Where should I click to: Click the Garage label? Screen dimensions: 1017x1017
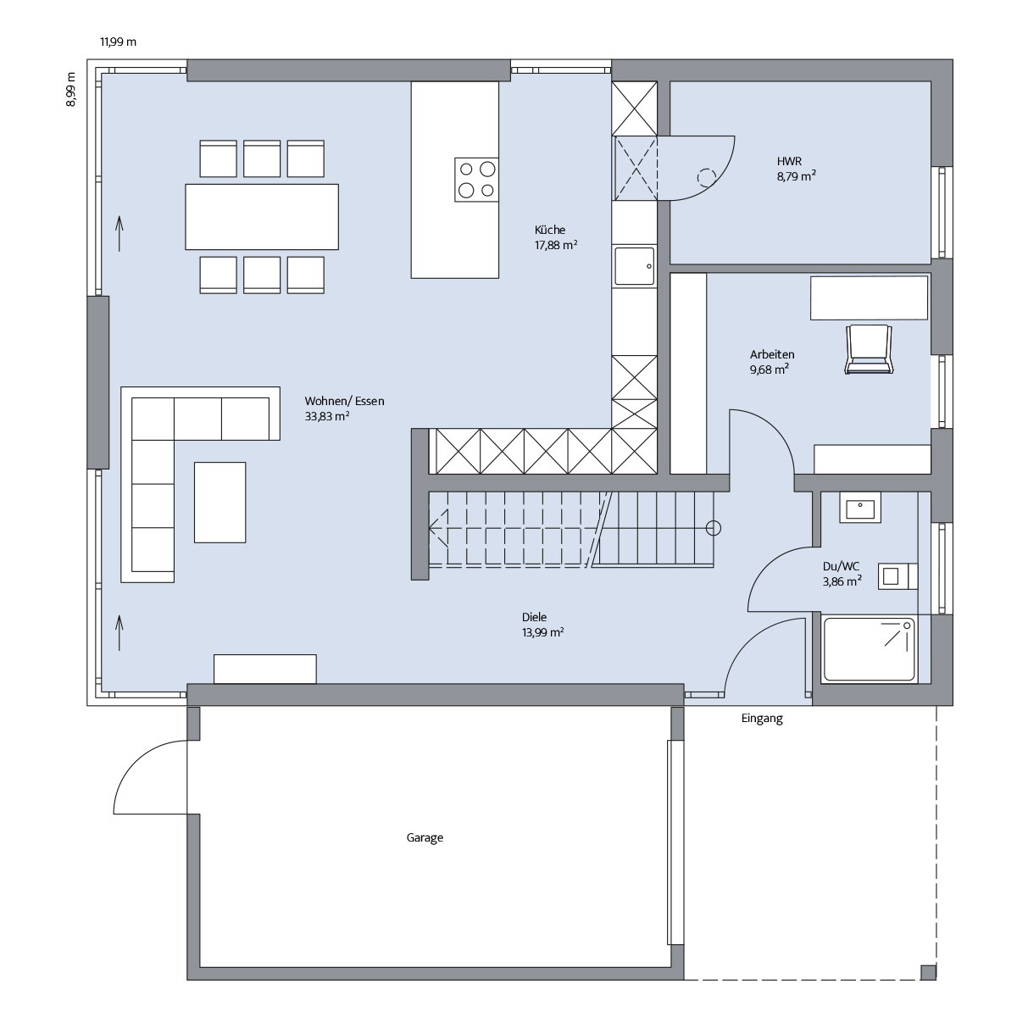click(425, 837)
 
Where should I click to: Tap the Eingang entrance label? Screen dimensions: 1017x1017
click(762, 719)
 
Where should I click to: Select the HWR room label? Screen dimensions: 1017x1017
click(789, 161)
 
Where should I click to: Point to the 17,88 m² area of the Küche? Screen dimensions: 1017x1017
click(556, 245)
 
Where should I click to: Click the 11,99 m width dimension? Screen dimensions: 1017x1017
click(118, 42)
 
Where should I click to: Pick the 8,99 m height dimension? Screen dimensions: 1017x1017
click(70, 90)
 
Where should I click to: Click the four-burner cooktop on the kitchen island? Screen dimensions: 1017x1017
click(476, 180)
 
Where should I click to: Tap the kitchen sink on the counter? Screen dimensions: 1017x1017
click(634, 266)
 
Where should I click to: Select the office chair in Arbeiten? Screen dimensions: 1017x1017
click(869, 349)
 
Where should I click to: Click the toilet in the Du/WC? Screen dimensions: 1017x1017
click(898, 576)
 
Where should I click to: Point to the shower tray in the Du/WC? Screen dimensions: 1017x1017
click(870, 649)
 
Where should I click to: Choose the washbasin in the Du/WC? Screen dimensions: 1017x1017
click(860, 508)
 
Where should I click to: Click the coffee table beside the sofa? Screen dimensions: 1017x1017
click(220, 503)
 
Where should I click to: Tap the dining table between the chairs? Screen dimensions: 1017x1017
click(262, 217)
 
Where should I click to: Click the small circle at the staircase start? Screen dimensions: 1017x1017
click(714, 528)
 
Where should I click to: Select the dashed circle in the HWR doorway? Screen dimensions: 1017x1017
click(707, 178)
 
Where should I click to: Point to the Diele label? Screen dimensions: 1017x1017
click(534, 617)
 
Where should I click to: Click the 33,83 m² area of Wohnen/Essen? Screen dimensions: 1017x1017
click(327, 416)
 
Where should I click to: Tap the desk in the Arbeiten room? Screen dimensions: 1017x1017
click(870, 297)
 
